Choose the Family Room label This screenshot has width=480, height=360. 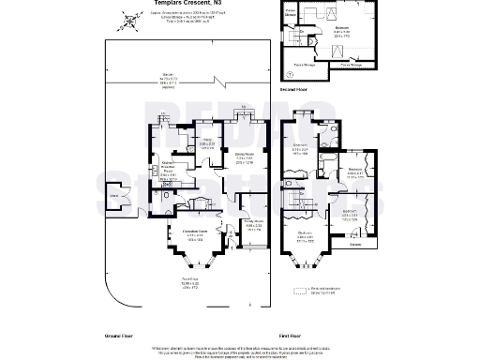[x=253, y=226]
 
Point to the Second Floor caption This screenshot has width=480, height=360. [x=295, y=89]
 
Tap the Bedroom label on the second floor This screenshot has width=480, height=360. [x=344, y=30]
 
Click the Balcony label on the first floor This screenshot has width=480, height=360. [x=355, y=246]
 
